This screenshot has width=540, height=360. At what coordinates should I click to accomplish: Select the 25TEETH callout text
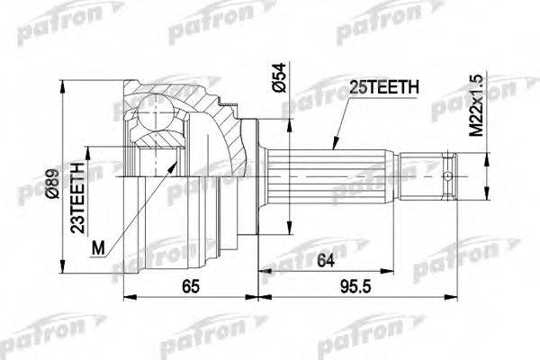click(x=384, y=87)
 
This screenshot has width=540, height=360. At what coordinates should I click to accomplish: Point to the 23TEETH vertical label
click(x=77, y=197)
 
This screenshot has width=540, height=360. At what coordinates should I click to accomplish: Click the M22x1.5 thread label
click(x=477, y=105)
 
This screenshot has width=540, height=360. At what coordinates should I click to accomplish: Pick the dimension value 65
click(x=191, y=286)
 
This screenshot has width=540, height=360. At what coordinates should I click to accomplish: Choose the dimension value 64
click(x=326, y=260)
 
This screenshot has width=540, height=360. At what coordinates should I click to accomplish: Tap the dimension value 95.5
click(x=355, y=286)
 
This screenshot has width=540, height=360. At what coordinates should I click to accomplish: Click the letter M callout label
click(x=98, y=248)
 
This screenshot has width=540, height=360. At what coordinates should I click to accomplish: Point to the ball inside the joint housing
click(x=156, y=112)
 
